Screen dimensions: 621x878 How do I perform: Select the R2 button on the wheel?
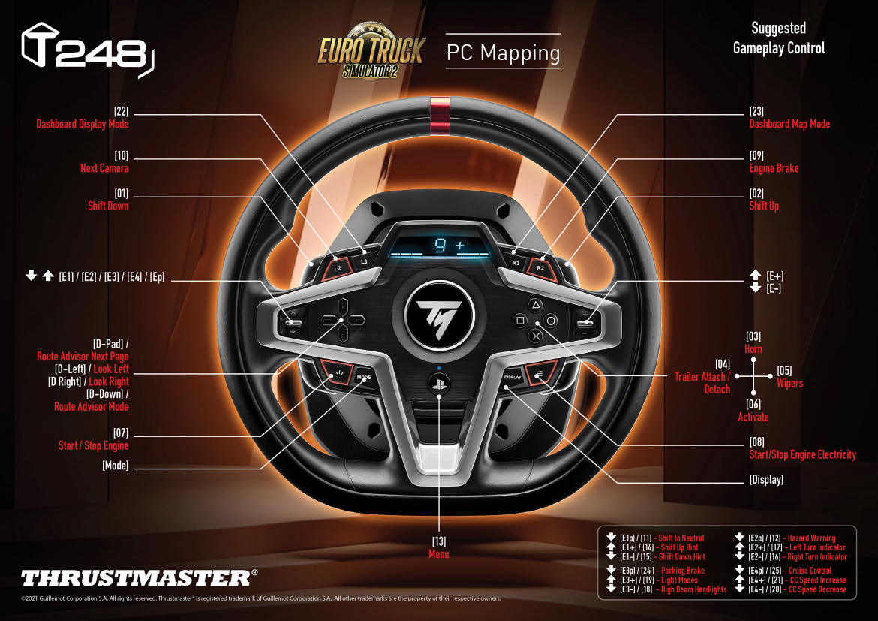click(540, 267)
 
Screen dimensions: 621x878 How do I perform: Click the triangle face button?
click(536, 306)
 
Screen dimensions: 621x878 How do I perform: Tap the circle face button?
click(552, 321)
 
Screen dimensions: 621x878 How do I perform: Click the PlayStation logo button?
click(439, 381)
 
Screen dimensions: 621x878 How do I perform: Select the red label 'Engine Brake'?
click(774, 168)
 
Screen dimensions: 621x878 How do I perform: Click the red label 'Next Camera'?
click(104, 168)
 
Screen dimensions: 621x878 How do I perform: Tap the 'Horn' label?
click(753, 349)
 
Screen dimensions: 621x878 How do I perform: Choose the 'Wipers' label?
click(789, 383)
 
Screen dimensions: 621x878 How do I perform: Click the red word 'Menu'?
click(439, 554)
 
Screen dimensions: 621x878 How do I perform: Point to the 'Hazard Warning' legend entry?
click(811, 538)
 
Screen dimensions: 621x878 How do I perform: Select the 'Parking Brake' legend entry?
click(682, 571)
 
